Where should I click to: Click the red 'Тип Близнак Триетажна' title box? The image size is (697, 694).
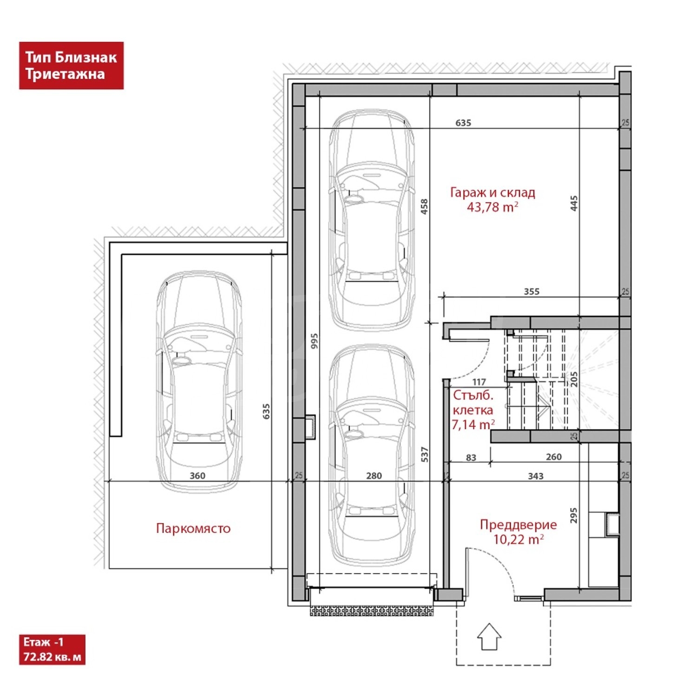(x=71, y=65)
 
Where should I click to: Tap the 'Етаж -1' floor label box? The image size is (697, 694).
(x=52, y=649)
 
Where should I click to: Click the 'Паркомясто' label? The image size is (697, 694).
(x=193, y=528)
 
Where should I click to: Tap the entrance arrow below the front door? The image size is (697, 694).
(x=489, y=636)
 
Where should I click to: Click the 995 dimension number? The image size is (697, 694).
(x=315, y=341)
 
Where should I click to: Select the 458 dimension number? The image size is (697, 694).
(x=424, y=207)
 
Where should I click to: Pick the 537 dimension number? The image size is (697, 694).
(x=424, y=454)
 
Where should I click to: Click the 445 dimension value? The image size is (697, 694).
(x=574, y=203)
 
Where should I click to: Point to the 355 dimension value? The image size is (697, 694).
(x=532, y=292)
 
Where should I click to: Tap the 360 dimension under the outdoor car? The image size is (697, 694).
(x=197, y=476)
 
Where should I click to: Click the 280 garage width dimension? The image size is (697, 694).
(x=374, y=476)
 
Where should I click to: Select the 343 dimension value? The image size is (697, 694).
(x=536, y=476)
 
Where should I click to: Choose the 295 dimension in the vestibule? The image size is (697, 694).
(x=574, y=516)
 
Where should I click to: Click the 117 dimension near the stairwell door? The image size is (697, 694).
(x=479, y=382)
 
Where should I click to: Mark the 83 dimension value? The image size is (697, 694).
(x=471, y=458)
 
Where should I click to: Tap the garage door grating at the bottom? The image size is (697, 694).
(x=372, y=610)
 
